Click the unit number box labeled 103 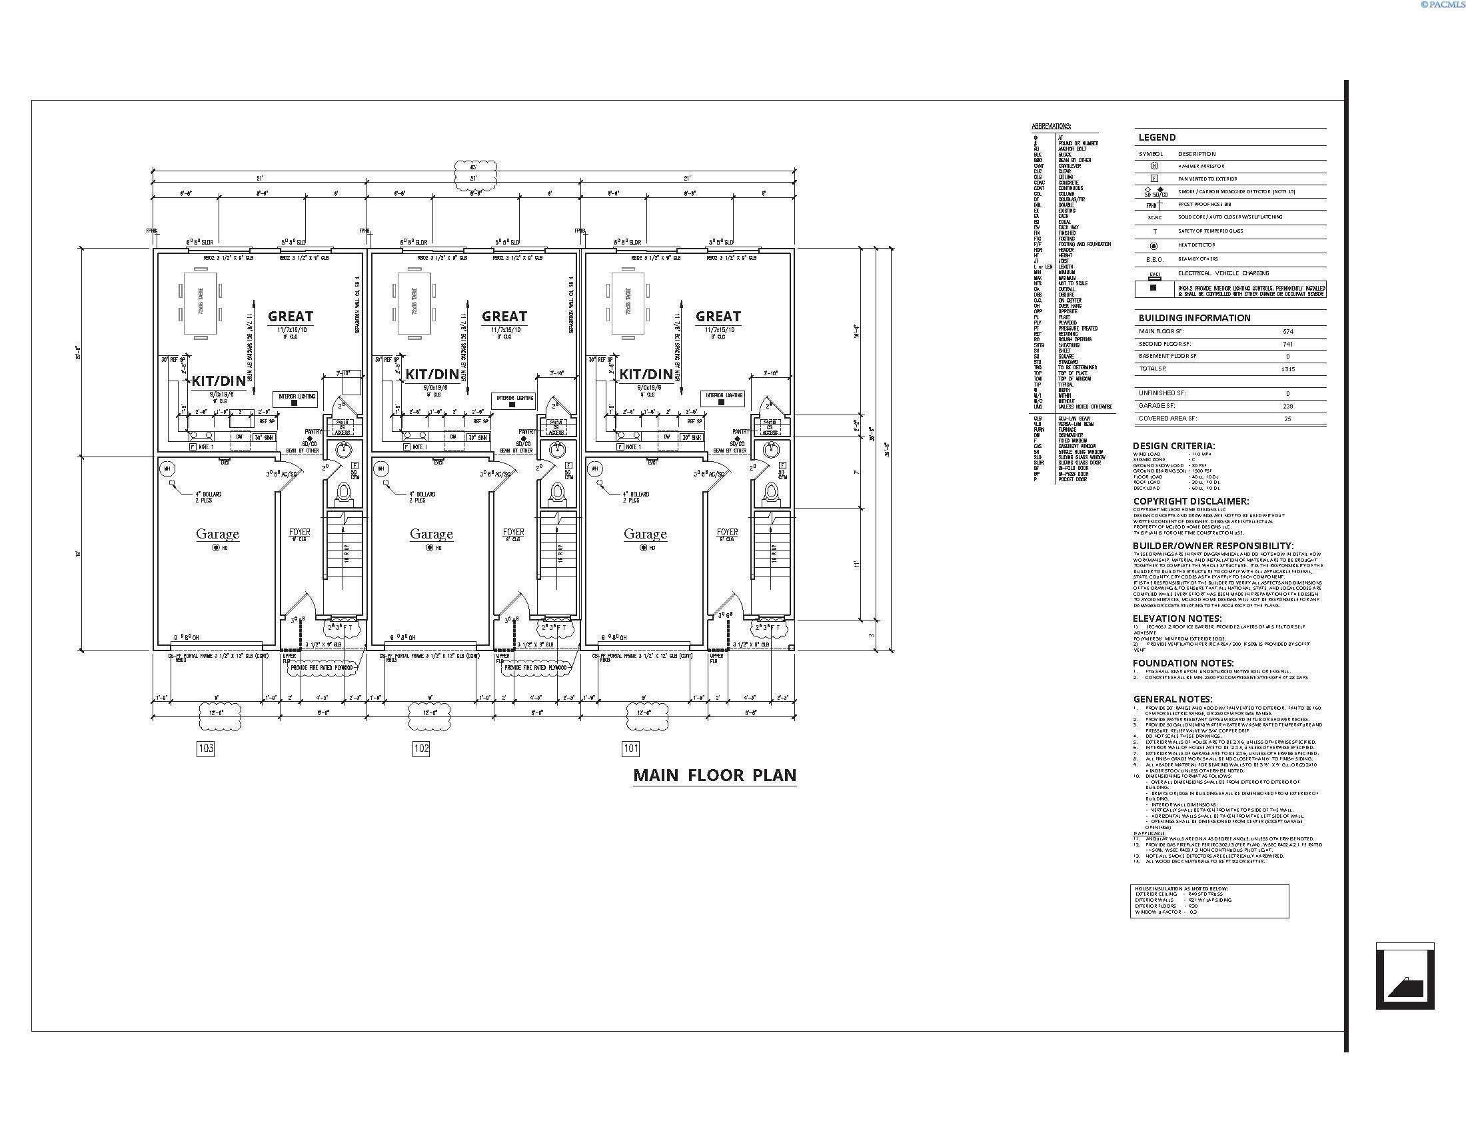(206, 748)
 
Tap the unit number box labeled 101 (630, 748)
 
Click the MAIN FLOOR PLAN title (714, 775)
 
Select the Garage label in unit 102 (431, 535)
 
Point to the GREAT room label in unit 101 (718, 316)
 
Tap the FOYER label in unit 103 (299, 533)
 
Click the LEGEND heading (1157, 137)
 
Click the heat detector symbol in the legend (1154, 246)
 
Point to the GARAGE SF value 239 (1287, 406)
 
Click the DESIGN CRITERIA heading (1173, 446)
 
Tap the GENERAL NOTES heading (1172, 698)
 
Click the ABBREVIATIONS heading (1051, 126)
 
